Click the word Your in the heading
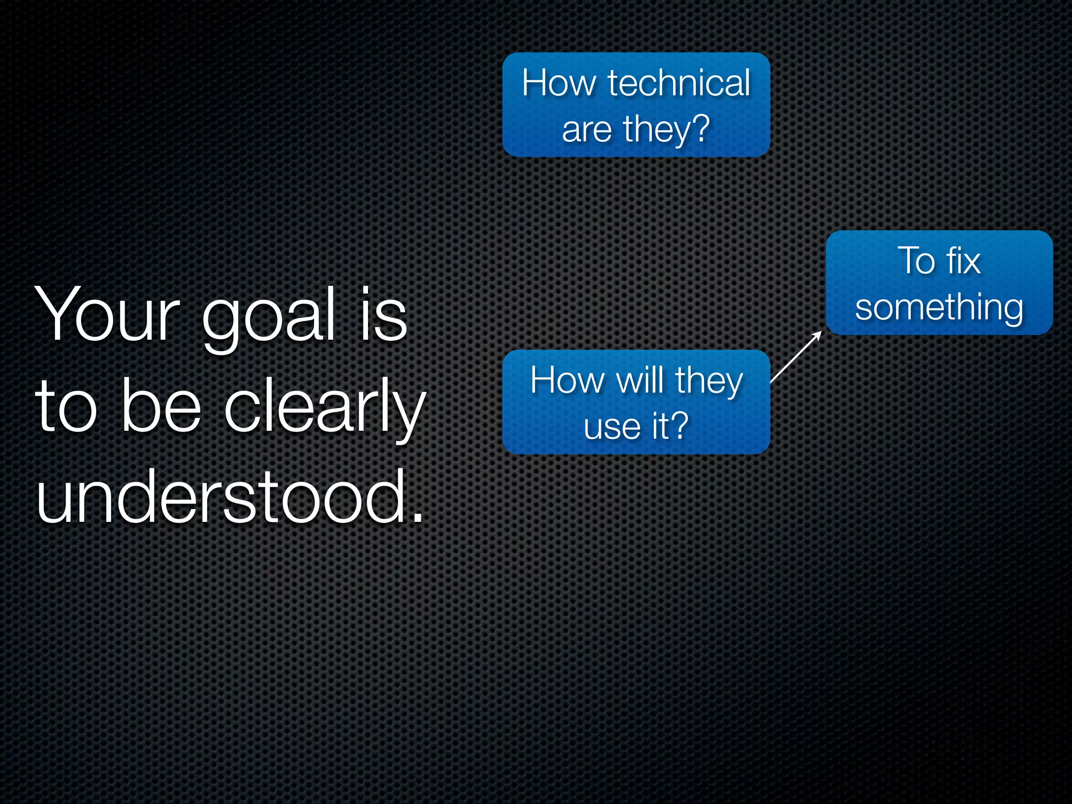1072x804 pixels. click(x=107, y=315)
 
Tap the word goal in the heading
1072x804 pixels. click(x=268, y=318)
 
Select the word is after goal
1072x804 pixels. click(x=384, y=315)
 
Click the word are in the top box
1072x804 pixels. click(x=587, y=130)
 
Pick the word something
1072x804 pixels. click(x=939, y=308)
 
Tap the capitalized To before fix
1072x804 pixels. click(x=917, y=260)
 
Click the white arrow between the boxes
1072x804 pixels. click(x=796, y=357)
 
